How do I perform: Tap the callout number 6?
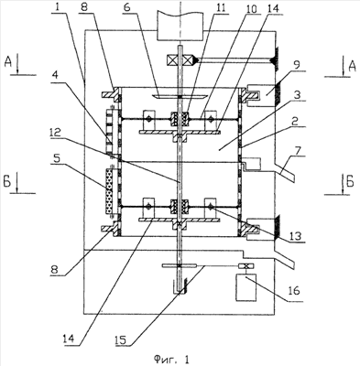click(127, 7)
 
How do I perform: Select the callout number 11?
click(221, 7)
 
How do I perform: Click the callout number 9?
click(297, 65)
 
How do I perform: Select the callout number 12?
click(57, 133)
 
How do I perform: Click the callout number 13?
click(295, 235)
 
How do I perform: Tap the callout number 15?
click(123, 339)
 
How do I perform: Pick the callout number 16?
click(294, 291)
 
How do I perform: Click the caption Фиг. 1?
click(171, 359)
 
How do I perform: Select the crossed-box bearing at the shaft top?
click(180, 59)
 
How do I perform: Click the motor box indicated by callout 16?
click(246, 287)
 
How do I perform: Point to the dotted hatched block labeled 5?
click(109, 191)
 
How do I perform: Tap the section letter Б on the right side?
click(350, 182)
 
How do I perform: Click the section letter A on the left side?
click(8, 62)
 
